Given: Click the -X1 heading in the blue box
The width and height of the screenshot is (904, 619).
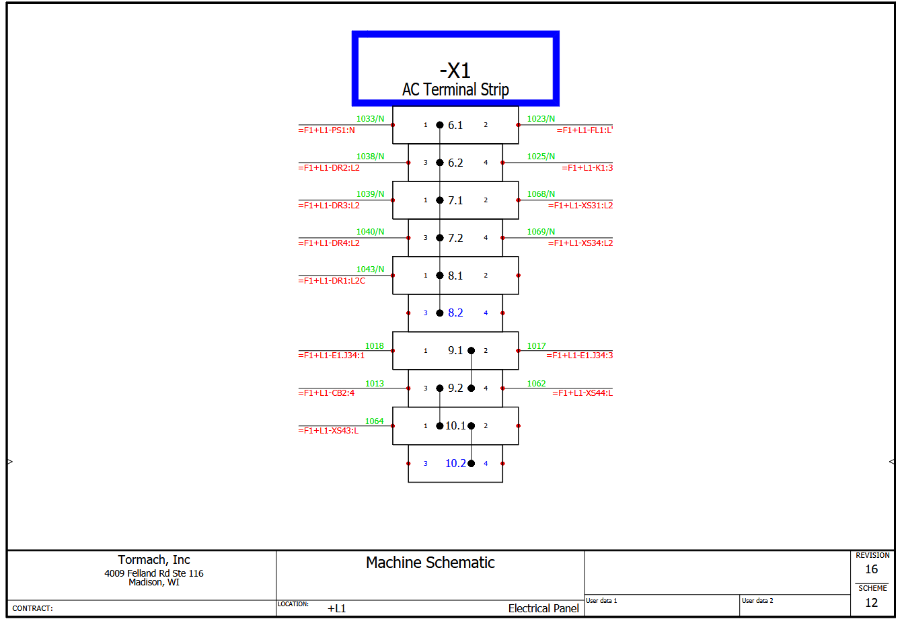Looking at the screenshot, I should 455,71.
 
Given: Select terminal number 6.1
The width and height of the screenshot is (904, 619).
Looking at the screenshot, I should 455,125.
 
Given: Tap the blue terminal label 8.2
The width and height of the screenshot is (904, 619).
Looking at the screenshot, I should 455,313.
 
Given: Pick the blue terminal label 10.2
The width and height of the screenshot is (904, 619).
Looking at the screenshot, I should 455,464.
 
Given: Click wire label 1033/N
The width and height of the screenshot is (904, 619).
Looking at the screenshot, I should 370,119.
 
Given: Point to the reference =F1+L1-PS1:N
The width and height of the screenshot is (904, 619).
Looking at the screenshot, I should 326,130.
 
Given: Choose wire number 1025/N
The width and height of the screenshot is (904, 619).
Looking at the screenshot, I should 541,157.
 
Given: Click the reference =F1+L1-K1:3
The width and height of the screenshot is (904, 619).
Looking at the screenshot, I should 587,168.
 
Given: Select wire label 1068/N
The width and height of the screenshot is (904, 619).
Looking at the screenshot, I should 541,194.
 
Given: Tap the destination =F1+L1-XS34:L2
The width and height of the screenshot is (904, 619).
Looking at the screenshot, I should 580,243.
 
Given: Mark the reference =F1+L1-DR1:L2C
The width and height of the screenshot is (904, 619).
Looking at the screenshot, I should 332,281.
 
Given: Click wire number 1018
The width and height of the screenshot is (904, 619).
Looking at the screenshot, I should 375,346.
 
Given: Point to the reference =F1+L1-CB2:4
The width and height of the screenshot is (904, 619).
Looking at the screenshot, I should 326,393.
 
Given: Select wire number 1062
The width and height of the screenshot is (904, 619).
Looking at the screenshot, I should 537,384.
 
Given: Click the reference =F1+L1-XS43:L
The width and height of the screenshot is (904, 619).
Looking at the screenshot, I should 328,431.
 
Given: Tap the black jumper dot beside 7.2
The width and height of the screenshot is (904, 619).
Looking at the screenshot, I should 440,238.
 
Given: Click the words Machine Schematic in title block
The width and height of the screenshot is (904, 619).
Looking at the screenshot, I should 430,563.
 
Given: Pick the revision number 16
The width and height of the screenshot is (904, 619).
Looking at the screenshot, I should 871,569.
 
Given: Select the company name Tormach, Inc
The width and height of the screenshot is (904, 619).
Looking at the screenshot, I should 154,560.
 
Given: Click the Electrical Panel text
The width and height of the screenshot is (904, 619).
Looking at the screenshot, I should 543,608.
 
